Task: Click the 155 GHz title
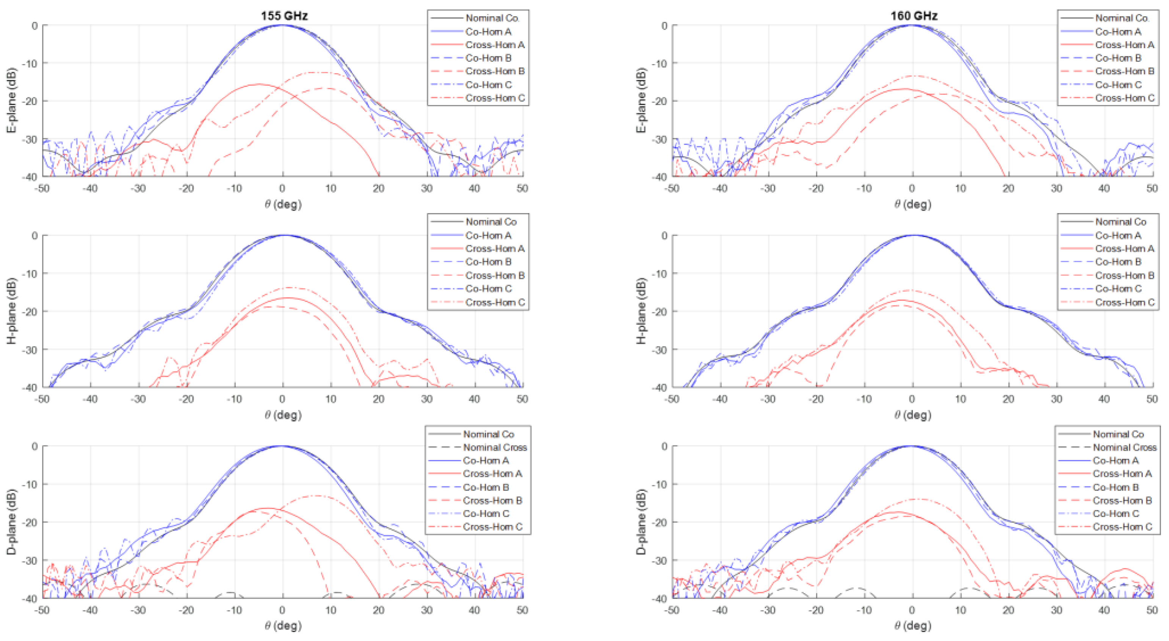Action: tap(284, 16)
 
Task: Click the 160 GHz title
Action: tap(914, 16)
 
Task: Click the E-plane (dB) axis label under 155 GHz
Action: tap(11, 100)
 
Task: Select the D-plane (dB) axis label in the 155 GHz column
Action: tap(11, 522)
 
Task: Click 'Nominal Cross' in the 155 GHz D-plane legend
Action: tap(495, 447)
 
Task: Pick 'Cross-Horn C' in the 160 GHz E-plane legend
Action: tap(1125, 97)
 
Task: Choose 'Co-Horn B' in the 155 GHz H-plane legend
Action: tap(488, 262)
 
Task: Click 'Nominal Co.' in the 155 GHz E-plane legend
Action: tap(492, 18)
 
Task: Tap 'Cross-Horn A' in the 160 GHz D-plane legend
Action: tap(1122, 473)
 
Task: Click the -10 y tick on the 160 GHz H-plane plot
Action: tap(661, 273)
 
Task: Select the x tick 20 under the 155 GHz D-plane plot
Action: tap(378, 610)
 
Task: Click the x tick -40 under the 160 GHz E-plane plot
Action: tap(720, 188)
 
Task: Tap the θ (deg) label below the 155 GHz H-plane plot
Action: tap(283, 414)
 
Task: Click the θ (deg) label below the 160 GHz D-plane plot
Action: tap(913, 625)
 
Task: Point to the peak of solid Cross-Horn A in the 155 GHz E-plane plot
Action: tap(259, 84)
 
